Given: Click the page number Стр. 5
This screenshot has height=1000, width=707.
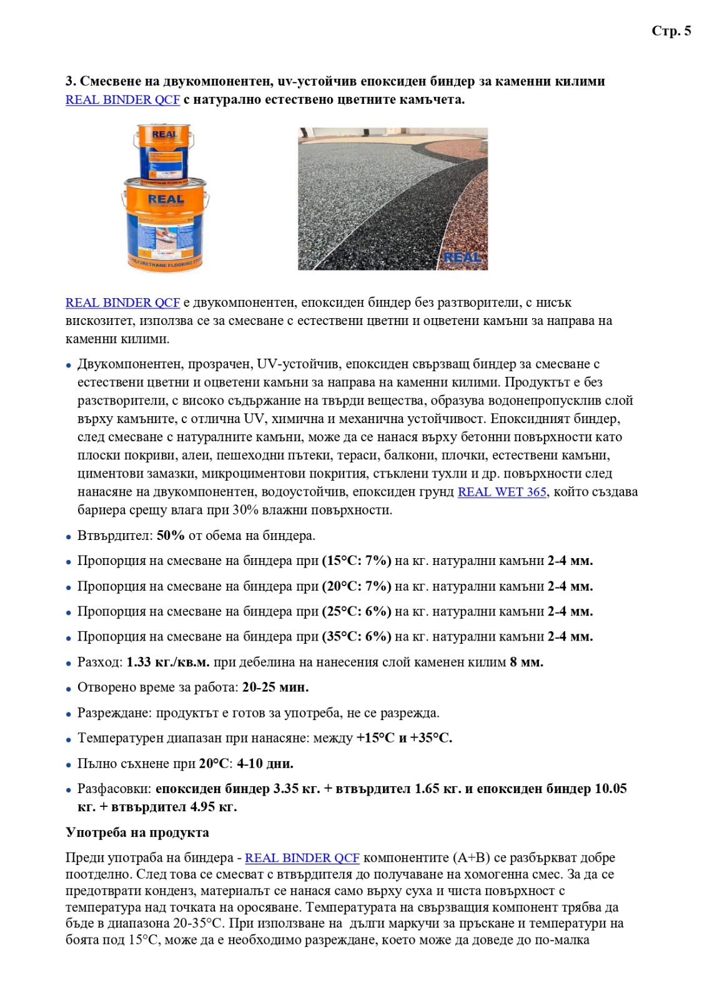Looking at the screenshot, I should (x=671, y=31).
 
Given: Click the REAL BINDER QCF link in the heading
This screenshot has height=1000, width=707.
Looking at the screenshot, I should (x=122, y=100).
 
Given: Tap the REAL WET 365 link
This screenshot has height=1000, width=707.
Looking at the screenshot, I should (x=502, y=492).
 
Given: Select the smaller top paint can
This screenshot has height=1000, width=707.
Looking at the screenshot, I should (x=163, y=152).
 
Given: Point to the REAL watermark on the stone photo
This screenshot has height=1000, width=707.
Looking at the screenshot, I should (x=462, y=257).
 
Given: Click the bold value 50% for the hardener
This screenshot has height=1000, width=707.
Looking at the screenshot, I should (x=171, y=536).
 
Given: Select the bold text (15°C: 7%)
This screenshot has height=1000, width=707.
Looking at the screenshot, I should (x=357, y=561).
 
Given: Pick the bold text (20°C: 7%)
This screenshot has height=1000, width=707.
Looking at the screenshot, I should (x=357, y=586).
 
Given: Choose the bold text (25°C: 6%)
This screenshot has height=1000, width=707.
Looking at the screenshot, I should (x=357, y=611).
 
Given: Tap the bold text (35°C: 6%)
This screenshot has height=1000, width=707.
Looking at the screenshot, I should (x=357, y=636).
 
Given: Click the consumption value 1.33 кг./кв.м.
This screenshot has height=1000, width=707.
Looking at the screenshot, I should (x=168, y=662).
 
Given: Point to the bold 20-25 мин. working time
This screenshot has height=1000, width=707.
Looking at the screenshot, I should (x=275, y=687).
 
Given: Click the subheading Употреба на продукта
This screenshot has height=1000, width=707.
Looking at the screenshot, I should (x=137, y=832).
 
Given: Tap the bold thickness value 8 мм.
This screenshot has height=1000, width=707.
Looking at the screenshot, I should (x=526, y=662).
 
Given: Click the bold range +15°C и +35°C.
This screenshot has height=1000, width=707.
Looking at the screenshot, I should (x=404, y=738).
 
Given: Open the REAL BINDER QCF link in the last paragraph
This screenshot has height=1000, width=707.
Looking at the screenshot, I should (x=302, y=858).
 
